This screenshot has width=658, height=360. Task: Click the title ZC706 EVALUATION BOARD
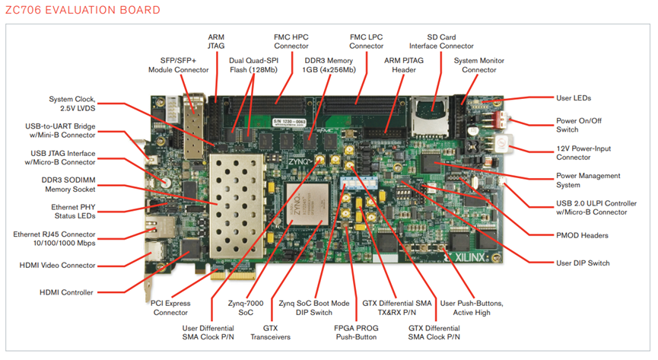click(83, 10)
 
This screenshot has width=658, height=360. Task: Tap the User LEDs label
click(573, 97)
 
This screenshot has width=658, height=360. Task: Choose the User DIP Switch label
click(582, 263)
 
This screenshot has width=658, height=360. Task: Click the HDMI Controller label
click(66, 292)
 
